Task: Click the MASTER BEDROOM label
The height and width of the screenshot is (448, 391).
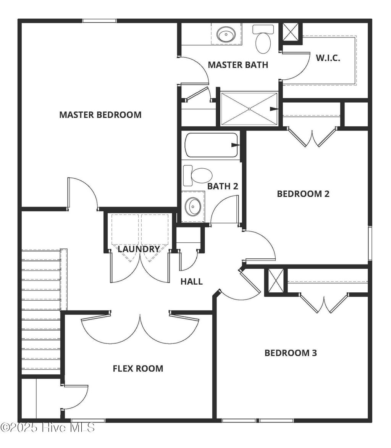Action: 100,114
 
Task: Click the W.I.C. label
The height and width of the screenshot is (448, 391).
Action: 328,58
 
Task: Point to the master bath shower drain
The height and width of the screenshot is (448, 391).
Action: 249,109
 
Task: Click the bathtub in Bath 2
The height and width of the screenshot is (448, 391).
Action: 211,145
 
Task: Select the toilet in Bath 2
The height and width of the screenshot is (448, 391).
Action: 199,175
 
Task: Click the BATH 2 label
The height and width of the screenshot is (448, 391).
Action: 223,186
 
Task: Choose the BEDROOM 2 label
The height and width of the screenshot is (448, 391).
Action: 303,193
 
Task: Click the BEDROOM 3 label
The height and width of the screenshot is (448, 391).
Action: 291,353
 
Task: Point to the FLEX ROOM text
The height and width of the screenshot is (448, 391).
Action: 138,368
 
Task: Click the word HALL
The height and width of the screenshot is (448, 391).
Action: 191,282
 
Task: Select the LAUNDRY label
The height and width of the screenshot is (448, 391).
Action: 139,249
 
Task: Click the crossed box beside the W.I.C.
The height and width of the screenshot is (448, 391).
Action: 291,32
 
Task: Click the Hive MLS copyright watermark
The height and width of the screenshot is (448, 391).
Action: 47,427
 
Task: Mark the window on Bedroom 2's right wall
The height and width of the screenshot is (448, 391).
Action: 370,243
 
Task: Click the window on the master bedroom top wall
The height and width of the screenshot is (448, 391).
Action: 100,21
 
